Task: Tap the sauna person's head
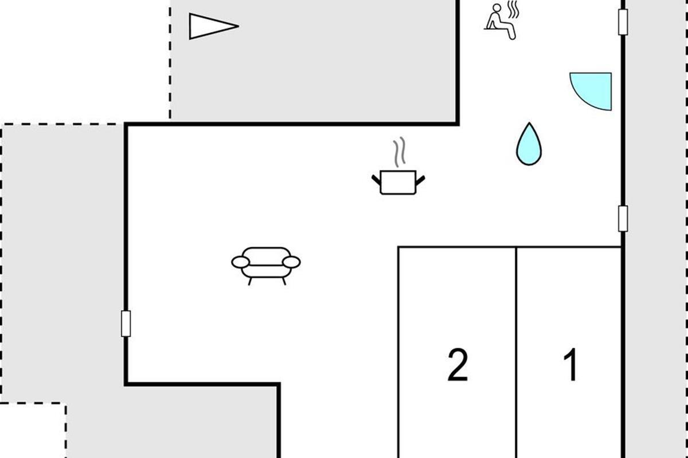pos(497,8)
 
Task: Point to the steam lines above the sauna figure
pos(513,10)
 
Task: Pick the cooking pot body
pos(398,183)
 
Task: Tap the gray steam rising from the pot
pos(399,152)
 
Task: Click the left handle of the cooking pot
pos(376,180)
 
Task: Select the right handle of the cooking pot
pos(420,180)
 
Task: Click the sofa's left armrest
pos(240,262)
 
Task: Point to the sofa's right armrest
pos(291,262)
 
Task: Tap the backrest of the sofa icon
pos(266,256)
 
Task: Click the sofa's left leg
pos(250,281)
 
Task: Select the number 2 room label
pos(458,365)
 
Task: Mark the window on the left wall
pos(126,323)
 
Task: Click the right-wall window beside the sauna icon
pos(623,22)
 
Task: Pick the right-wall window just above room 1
pos(623,219)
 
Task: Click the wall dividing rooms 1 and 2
pos(517,352)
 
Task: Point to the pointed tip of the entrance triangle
pos(239,26)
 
